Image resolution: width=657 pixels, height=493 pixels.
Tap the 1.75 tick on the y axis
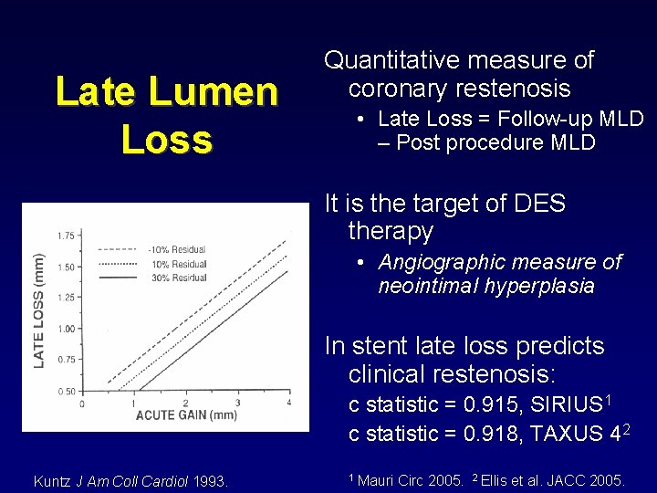tap(67, 236)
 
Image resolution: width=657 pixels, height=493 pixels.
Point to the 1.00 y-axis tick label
tap(67, 329)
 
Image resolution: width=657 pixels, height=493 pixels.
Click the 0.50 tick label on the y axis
tap(67, 392)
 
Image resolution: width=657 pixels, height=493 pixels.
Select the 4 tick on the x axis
tap(288, 403)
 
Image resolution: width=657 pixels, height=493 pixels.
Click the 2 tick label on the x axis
tap(185, 403)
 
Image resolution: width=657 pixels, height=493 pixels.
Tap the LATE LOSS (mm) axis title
tap(39, 310)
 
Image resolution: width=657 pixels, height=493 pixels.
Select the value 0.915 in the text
tap(487, 404)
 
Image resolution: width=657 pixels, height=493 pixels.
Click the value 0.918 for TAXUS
tap(487, 433)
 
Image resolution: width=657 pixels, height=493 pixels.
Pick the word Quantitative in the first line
tap(394, 60)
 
